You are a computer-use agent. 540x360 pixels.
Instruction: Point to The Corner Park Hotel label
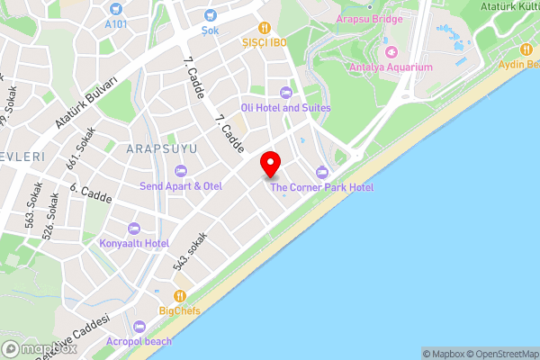tap(321, 187)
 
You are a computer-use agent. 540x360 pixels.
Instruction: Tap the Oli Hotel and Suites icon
tap(286, 92)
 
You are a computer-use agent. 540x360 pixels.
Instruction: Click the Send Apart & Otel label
tap(180, 185)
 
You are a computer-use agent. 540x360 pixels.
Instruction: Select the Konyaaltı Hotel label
tap(134, 243)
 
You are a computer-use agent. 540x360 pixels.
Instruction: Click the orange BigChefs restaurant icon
tap(180, 295)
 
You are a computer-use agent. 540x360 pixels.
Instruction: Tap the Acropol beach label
tap(139, 342)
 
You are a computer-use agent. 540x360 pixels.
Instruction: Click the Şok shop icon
tap(210, 14)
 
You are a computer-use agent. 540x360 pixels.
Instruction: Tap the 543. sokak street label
tap(190, 252)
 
